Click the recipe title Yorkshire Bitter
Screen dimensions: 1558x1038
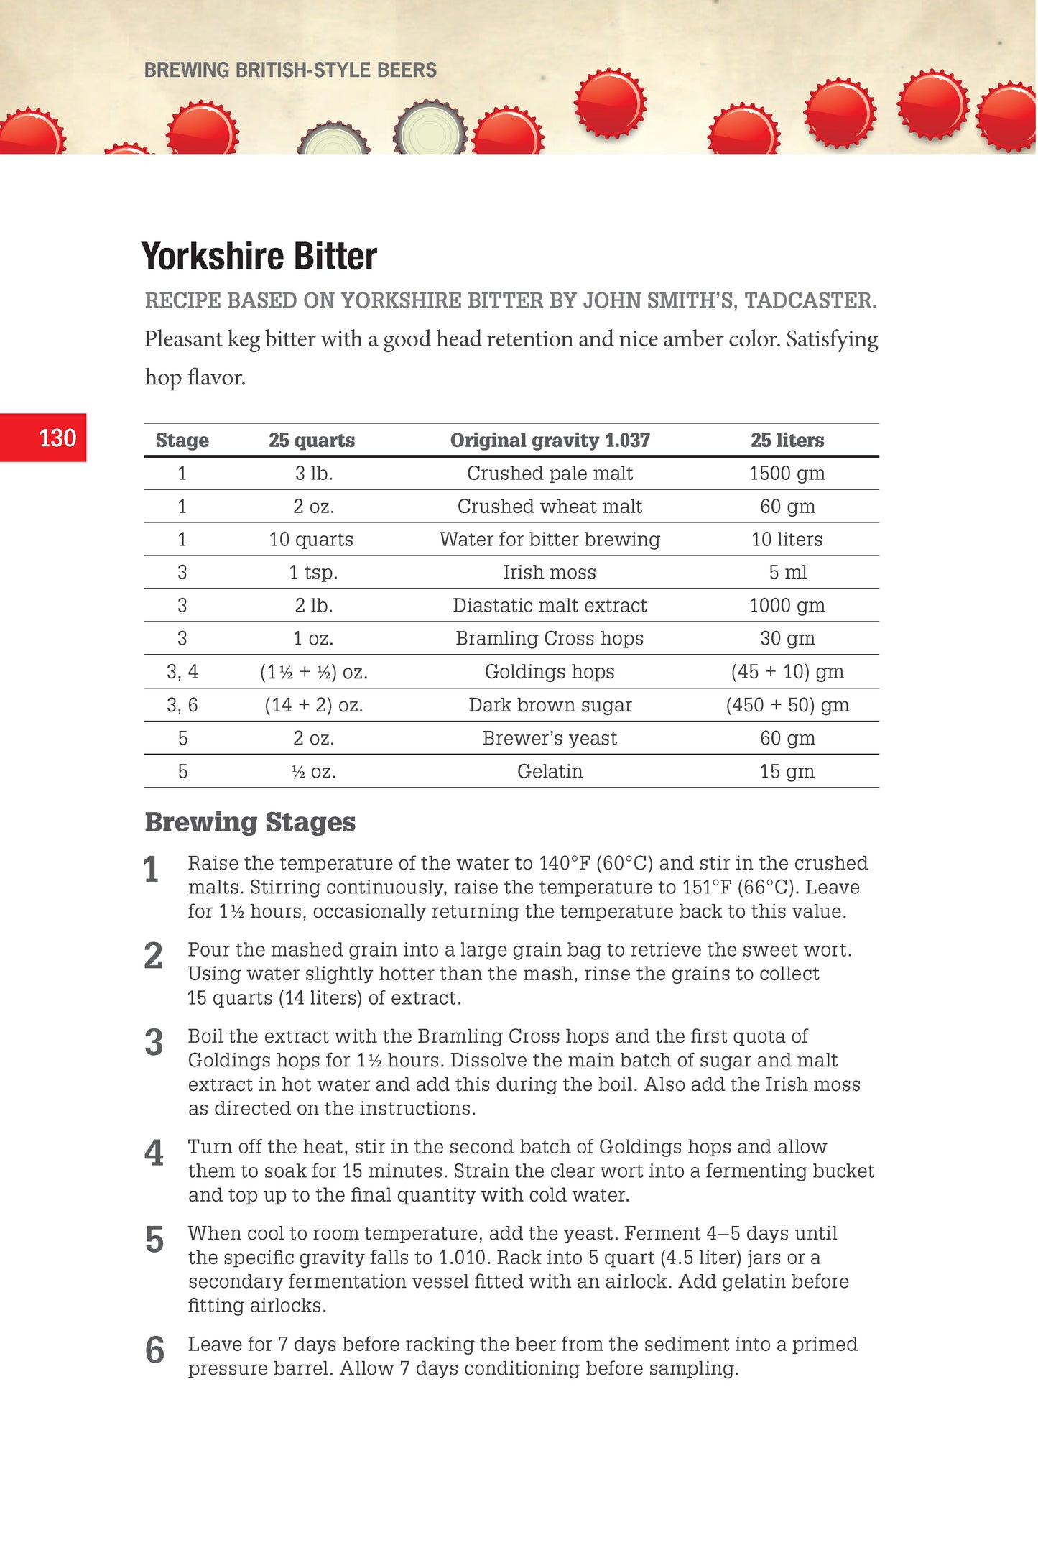(x=259, y=257)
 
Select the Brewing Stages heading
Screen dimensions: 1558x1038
(x=250, y=822)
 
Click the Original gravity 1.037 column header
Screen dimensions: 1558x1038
(x=550, y=440)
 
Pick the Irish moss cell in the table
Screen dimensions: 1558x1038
(x=550, y=572)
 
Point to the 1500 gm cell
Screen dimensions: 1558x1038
(x=787, y=474)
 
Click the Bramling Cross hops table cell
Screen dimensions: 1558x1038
(x=550, y=638)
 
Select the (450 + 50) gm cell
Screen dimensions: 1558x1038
(x=787, y=705)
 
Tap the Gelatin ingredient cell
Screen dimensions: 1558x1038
(x=550, y=771)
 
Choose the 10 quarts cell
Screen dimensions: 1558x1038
(x=311, y=540)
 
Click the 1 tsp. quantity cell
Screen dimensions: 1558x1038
(x=313, y=572)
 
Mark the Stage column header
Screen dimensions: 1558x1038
(x=182, y=440)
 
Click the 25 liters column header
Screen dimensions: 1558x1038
(x=787, y=440)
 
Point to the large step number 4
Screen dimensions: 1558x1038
(x=154, y=1154)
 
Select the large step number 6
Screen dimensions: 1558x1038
(x=154, y=1351)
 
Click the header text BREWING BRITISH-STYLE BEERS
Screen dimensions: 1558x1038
(x=290, y=70)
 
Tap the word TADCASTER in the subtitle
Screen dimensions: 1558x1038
(x=810, y=300)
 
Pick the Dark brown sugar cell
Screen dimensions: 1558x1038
(x=550, y=705)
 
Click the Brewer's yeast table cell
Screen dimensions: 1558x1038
(x=550, y=738)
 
